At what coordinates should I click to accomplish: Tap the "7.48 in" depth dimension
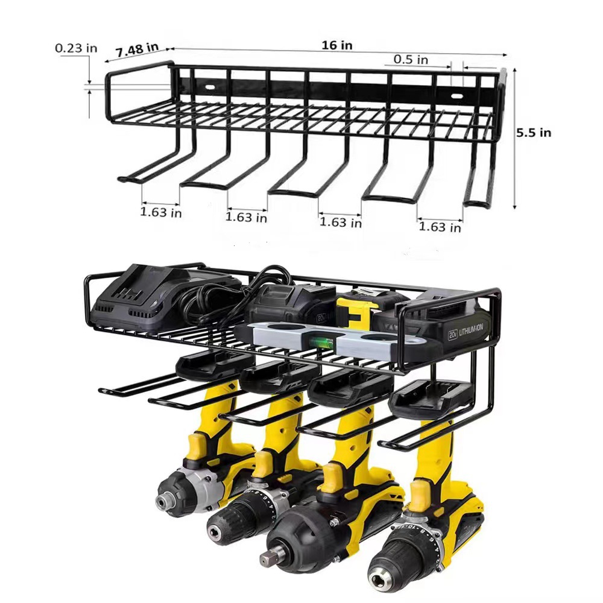137,49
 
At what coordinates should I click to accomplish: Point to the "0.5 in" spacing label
411,59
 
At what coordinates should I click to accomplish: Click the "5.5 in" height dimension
533,133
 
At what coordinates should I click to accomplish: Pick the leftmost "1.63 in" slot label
160,212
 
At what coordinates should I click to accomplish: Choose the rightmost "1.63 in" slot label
440,227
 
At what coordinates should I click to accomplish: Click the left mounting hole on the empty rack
210,87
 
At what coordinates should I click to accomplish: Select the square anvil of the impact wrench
267,558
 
